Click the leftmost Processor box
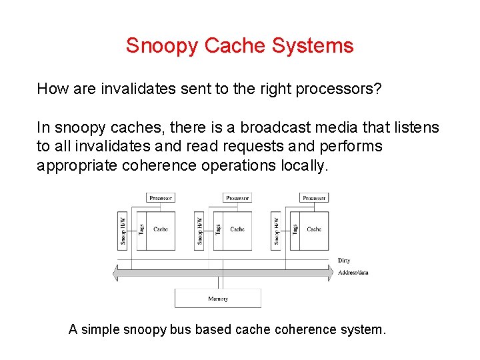[161, 198]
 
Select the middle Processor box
[237, 198]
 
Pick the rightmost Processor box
[314, 198]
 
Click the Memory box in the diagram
[218, 299]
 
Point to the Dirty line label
[344, 261]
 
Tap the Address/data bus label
[353, 273]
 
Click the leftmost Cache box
[161, 229]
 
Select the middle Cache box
[237, 229]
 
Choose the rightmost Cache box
[314, 229]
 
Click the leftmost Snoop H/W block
[123, 229]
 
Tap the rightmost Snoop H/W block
[277, 229]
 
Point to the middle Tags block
[218, 229]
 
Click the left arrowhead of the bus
[116, 273]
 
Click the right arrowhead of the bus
[331, 273]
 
